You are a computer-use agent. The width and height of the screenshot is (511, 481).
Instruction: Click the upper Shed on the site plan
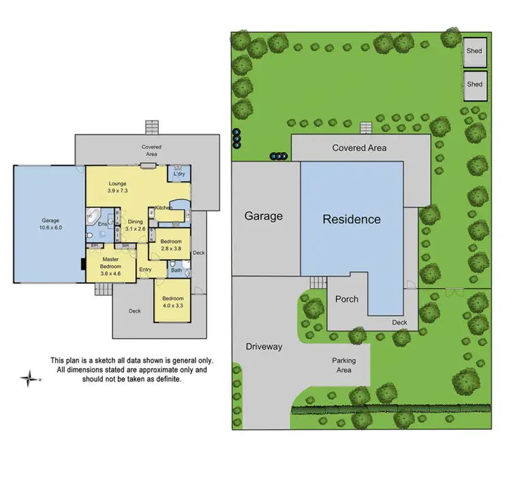(474, 50)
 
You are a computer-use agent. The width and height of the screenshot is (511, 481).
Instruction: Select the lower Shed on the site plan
(474, 84)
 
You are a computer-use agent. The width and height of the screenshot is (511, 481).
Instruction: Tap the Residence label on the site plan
(352, 219)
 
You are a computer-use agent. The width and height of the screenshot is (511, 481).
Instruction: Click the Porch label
(346, 299)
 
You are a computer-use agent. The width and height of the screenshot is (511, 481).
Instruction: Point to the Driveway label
(264, 347)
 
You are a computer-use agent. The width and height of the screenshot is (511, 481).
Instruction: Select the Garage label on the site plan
(264, 216)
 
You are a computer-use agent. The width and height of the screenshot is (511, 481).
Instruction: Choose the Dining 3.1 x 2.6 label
(136, 224)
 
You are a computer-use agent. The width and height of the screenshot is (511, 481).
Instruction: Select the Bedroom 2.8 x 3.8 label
(171, 245)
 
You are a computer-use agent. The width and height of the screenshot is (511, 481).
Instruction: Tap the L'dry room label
(179, 174)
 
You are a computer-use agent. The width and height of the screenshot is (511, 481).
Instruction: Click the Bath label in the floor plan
(176, 270)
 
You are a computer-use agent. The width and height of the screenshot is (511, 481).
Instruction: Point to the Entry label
(146, 270)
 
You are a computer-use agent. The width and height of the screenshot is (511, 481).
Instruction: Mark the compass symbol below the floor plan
(29, 378)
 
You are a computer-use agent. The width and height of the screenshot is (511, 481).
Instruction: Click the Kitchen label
(164, 207)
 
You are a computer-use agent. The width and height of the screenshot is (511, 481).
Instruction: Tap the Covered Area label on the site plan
(359, 148)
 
